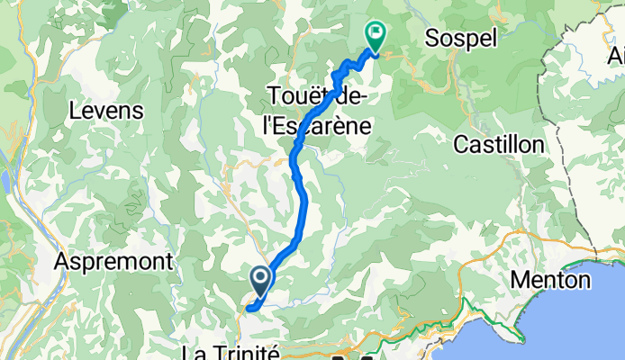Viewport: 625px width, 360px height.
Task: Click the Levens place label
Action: (107, 112)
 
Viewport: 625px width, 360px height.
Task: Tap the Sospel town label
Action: (459, 40)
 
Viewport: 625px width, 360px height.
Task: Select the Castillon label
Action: (498, 144)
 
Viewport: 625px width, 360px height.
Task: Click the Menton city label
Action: (549, 280)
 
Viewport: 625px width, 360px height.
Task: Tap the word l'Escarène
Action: (315, 126)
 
